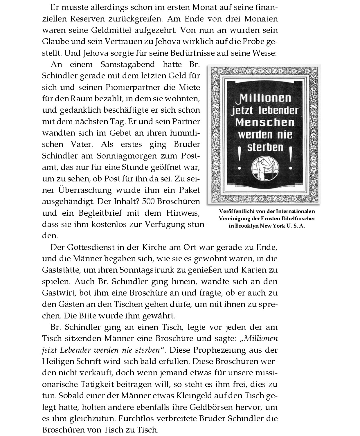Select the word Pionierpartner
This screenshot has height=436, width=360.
coord(133,87)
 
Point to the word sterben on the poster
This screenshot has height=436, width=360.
coord(265,147)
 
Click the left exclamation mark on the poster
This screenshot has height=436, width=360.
coord(240,160)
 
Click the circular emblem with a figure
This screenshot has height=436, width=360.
coord(265,169)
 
